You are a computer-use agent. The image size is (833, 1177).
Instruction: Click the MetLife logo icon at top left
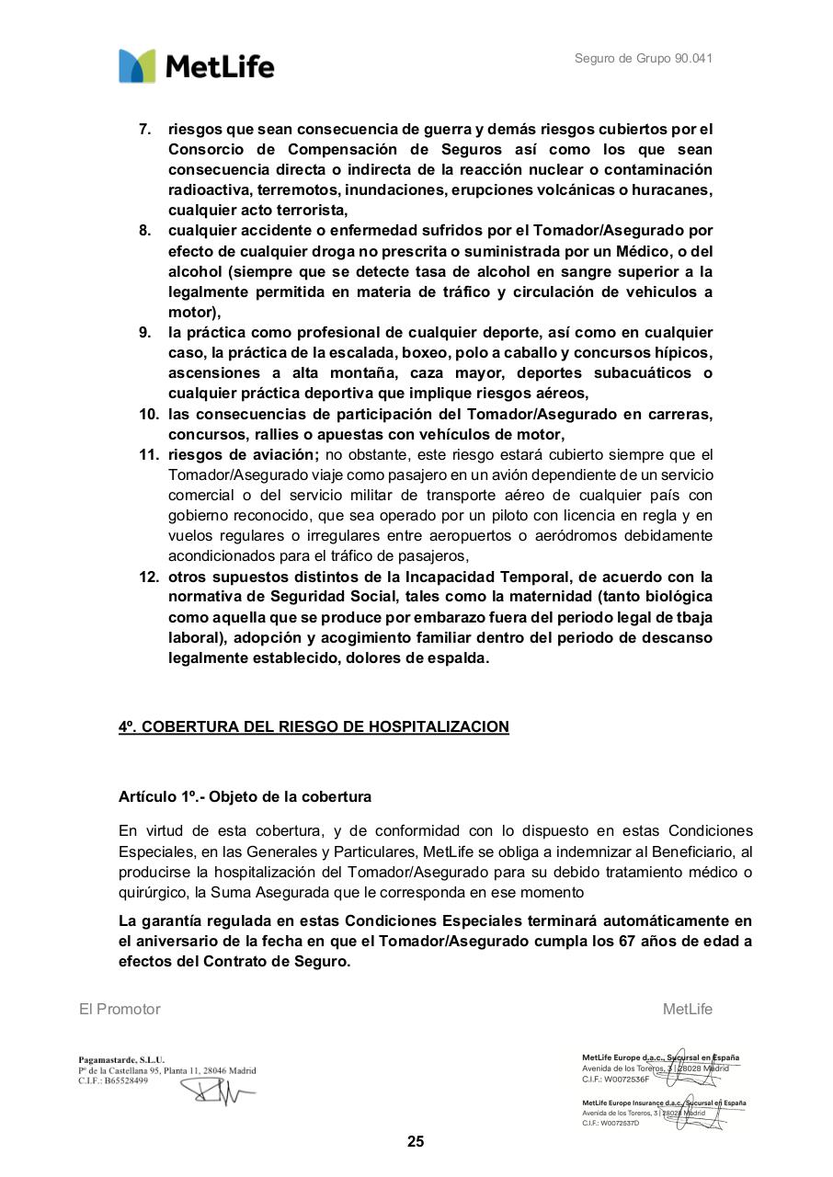137,66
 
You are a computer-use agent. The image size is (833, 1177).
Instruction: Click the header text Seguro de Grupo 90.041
644,59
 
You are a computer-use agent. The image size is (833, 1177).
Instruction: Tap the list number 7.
145,129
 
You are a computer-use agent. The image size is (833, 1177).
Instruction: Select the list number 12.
149,577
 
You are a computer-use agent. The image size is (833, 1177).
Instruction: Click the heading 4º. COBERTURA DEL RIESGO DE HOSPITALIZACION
314,727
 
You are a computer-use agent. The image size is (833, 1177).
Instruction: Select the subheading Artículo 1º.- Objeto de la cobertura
245,796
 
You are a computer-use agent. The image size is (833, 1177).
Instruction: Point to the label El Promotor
120,1010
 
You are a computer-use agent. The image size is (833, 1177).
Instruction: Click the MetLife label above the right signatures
688,1010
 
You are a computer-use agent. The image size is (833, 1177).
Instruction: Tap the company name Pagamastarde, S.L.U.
121,1060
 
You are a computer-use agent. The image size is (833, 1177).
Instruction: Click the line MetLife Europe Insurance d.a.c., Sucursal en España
664,1103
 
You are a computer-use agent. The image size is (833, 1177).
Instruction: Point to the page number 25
416,1142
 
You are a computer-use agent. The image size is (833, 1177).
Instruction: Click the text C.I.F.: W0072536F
615,1080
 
